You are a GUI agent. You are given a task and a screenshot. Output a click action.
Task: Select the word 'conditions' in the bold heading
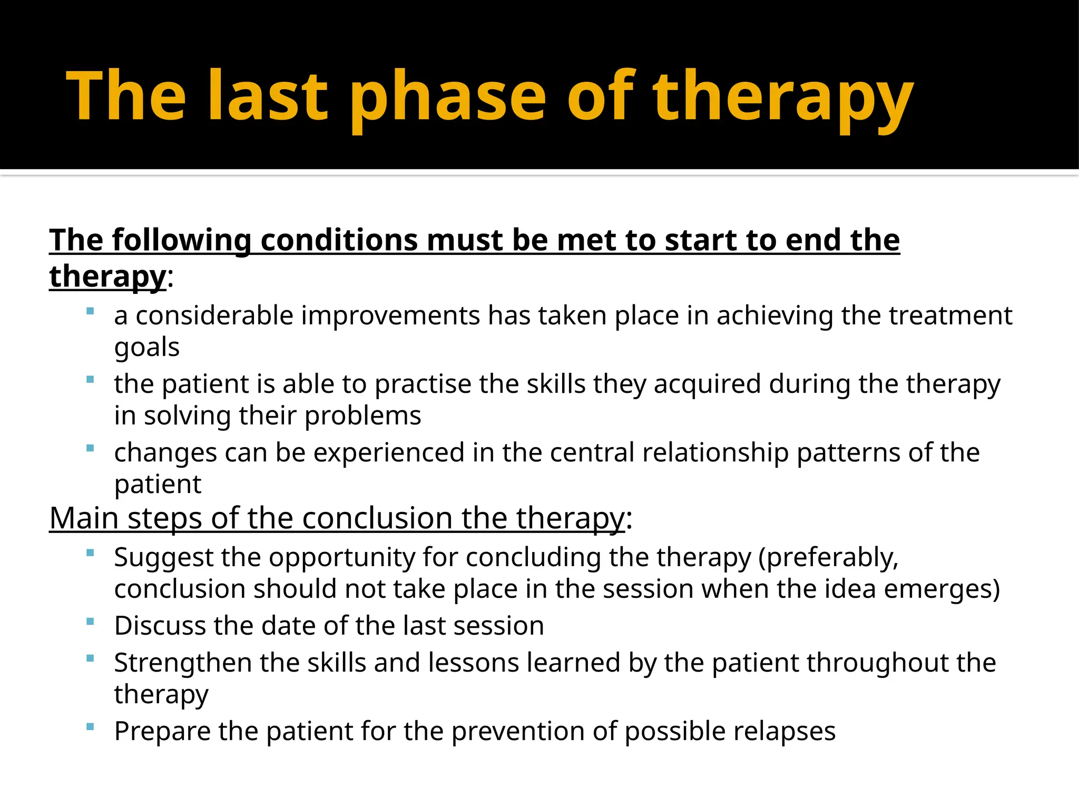pos(339,240)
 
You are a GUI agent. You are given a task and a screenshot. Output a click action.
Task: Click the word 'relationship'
pos(715,453)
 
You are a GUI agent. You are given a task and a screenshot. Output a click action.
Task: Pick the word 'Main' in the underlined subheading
pos(83,518)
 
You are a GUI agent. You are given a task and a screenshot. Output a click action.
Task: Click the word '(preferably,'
pos(828,558)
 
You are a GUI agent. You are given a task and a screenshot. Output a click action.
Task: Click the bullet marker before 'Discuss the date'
pos(90,622)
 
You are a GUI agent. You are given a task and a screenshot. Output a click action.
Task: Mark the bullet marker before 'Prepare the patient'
pos(90,727)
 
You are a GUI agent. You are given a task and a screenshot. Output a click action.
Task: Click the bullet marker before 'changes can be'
pos(90,449)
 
